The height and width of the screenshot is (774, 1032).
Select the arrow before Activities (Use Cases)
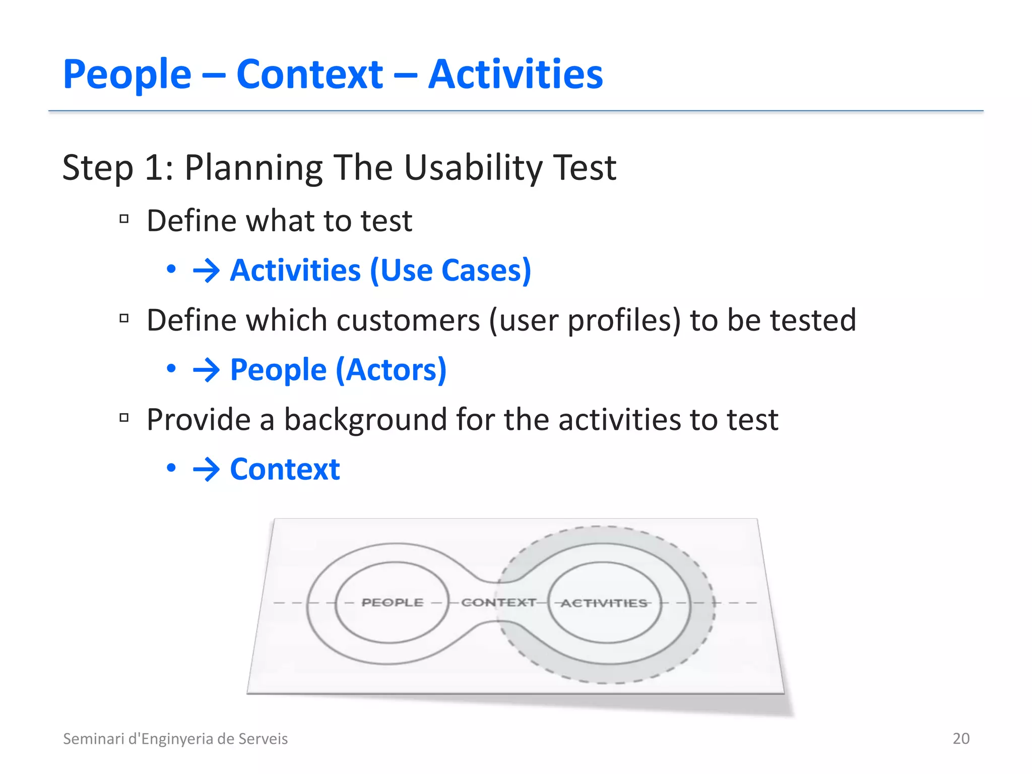(x=206, y=271)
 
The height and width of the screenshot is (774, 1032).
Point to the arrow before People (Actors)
(x=206, y=370)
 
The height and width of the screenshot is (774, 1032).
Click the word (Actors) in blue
(x=391, y=370)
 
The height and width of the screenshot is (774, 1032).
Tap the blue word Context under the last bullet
(x=285, y=470)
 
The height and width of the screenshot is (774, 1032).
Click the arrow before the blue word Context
(x=206, y=470)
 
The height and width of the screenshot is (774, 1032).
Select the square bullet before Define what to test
(x=124, y=219)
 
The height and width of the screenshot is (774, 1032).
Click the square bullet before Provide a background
(x=124, y=417)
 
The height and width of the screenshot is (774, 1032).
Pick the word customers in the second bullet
(x=408, y=320)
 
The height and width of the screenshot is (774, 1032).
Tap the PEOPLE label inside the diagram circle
(x=393, y=603)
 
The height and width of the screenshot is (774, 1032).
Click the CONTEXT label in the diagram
(x=498, y=603)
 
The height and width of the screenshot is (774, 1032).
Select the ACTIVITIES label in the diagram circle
(x=604, y=603)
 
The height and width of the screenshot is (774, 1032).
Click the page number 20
(x=961, y=739)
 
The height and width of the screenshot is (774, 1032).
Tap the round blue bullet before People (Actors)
(x=171, y=369)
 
